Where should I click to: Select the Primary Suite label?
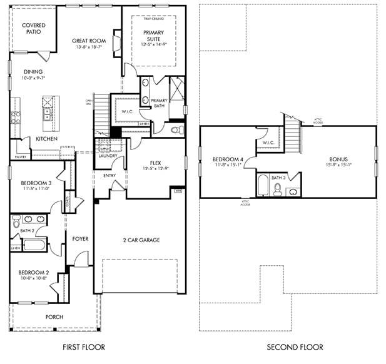click(x=153, y=35)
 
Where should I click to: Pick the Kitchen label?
click(x=47, y=138)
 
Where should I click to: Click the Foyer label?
click(x=80, y=238)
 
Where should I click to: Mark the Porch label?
click(x=54, y=317)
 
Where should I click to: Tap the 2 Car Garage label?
click(x=141, y=240)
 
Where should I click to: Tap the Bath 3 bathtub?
click(x=264, y=186)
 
